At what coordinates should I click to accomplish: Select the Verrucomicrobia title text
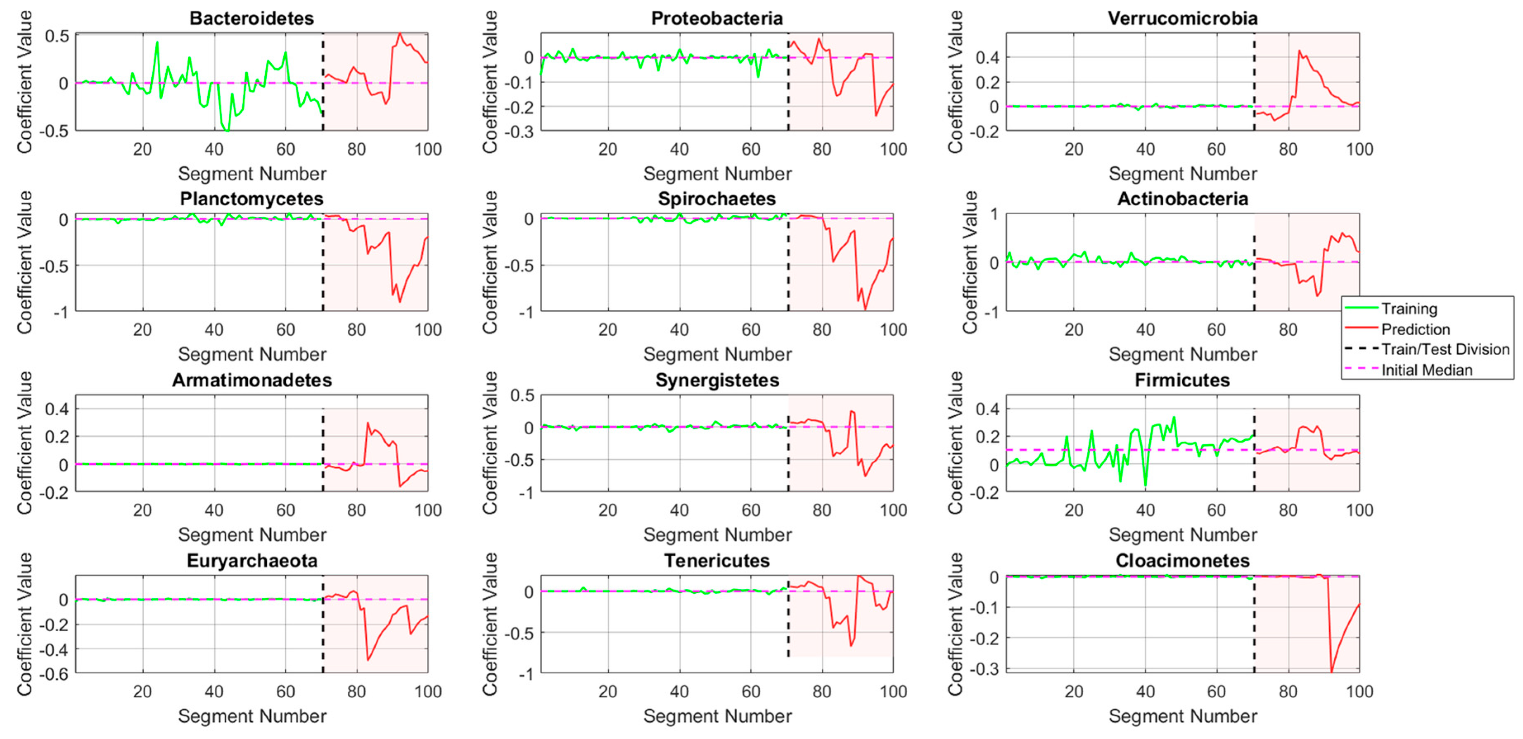[x=1182, y=18]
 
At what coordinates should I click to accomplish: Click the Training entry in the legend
[x=1409, y=309]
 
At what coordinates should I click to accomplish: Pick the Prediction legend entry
[x=1415, y=329]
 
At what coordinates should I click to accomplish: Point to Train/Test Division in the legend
[x=1445, y=349]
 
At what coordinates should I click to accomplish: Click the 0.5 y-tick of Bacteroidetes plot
[x=57, y=37]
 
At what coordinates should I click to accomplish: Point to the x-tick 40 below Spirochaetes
[x=679, y=330]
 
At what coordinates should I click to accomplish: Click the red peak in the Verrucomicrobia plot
[x=1299, y=51]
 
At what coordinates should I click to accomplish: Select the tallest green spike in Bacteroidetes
[x=157, y=43]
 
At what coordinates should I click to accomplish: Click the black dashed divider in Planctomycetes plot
[x=323, y=266]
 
